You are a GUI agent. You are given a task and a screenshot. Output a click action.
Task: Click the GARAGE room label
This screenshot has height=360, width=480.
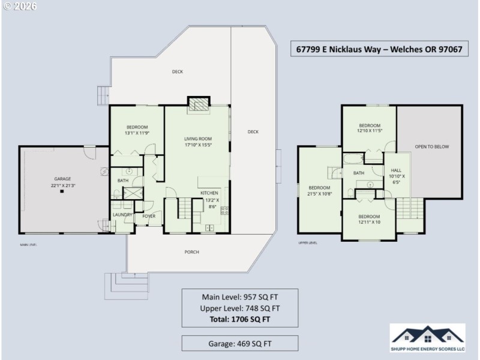tap(62, 179)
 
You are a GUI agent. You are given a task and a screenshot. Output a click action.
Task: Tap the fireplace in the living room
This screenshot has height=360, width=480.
tap(197, 104)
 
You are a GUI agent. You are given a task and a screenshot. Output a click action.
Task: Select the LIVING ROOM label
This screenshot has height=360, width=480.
tap(197, 139)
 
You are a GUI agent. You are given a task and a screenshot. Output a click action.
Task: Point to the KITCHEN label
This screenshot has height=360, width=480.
tap(209, 193)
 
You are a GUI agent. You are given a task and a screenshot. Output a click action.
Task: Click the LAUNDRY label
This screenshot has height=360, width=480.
tap(122, 214)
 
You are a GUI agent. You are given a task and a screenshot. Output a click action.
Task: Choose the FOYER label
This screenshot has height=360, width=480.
tap(148, 216)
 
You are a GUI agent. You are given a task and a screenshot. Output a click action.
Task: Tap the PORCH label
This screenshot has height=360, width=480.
tap(191, 251)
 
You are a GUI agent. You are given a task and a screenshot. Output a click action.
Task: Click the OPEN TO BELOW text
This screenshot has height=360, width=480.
tap(431, 146)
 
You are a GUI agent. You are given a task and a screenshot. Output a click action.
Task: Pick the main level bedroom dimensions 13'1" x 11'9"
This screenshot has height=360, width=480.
tap(137, 133)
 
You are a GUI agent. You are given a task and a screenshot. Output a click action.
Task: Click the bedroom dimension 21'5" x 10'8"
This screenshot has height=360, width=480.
tap(319, 193)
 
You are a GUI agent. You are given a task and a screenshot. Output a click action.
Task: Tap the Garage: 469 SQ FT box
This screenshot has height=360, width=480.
tap(239, 343)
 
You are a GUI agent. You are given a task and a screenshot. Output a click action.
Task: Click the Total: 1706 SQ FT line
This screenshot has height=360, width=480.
tap(239, 319)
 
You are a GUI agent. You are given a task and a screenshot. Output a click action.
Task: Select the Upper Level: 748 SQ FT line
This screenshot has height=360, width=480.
tap(239, 308)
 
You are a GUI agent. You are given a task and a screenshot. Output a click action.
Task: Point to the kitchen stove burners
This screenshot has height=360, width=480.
tap(225, 210)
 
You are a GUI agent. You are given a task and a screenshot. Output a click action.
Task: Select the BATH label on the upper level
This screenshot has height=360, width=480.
tap(358, 173)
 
